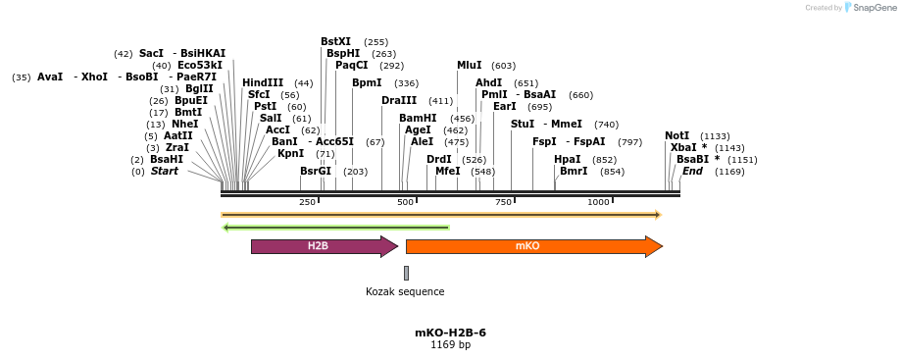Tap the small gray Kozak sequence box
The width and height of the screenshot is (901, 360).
[406, 273]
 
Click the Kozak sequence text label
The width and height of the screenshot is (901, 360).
[405, 291]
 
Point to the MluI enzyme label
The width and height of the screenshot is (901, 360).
[469, 65]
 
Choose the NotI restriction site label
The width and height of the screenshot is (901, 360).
[676, 135]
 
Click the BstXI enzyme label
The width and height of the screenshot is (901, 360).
[335, 41]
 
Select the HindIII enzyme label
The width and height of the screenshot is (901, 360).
[263, 82]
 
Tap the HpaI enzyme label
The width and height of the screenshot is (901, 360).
[568, 159]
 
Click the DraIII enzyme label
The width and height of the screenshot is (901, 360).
[399, 100]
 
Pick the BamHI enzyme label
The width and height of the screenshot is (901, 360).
[418, 118]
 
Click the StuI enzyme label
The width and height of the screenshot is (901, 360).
[523, 124]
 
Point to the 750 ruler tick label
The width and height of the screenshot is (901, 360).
[504, 202]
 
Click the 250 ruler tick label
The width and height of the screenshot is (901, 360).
[307, 202]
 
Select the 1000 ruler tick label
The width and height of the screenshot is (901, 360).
[598, 202]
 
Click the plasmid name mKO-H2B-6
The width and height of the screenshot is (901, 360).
[450, 333]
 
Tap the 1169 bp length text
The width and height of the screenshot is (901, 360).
[450, 344]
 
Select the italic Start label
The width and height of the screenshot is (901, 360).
[165, 171]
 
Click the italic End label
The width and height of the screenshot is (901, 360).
[692, 171]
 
